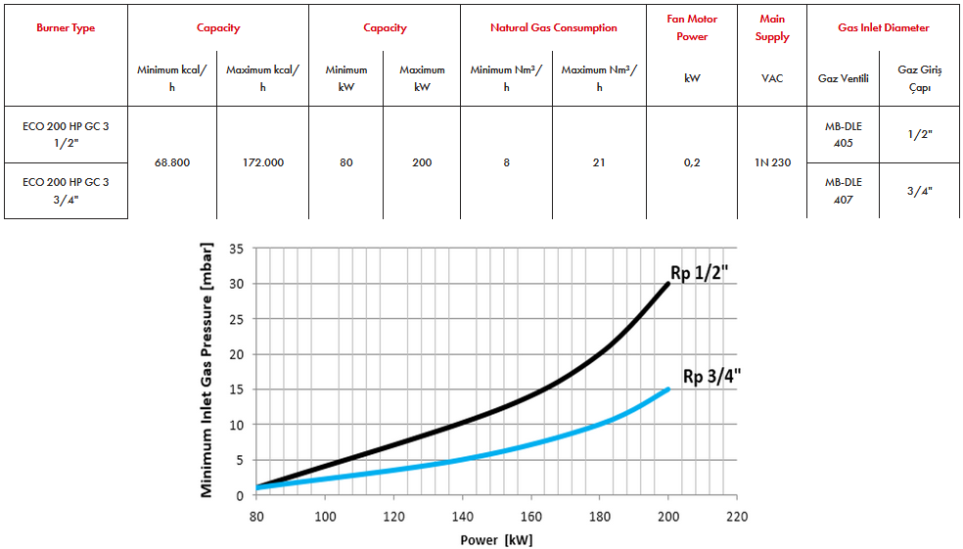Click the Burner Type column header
pos(66,28)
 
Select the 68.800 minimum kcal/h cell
pos(172,162)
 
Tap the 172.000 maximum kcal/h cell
pos(262,162)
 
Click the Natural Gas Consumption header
pos(553,28)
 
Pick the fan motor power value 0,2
pos(692,162)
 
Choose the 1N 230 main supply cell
pos(772,162)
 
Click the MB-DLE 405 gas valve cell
pos(843,135)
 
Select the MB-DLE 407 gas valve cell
pos(843,190)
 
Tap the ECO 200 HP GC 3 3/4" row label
pos(66,190)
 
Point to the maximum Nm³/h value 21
pos(599,162)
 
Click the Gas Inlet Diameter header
pos(884,28)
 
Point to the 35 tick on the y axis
pos(236,249)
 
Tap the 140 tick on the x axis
pos(463,515)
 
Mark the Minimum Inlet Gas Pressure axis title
pos(207,372)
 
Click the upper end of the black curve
pos(668,284)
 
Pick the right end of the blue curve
pos(668,389)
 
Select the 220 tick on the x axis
pos(737,515)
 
